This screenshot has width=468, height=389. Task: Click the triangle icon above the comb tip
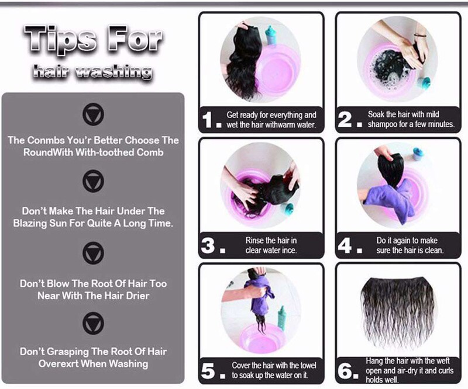(93, 114)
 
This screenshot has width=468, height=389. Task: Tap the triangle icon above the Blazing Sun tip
(93, 181)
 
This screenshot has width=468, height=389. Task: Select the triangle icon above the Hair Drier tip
(93, 253)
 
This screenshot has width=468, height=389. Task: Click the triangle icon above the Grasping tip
(93, 323)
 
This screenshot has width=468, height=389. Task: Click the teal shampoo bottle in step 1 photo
(271, 35)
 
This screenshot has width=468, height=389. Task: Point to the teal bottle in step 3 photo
(289, 209)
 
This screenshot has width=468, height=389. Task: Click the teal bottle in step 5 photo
(282, 318)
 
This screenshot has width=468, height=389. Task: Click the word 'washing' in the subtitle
(113, 72)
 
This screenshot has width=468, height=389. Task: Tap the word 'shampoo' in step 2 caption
(382, 124)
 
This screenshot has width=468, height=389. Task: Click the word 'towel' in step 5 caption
(308, 366)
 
